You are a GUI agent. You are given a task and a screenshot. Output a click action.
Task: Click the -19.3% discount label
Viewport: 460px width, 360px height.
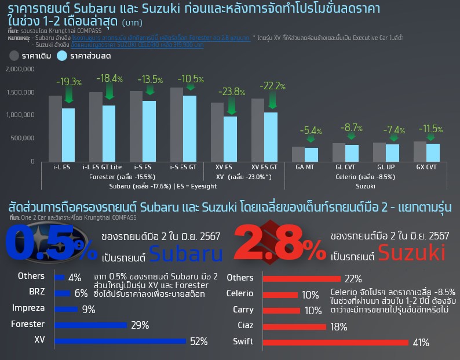[x=68, y=82]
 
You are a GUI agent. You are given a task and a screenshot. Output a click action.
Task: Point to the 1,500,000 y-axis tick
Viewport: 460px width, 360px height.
[x=20, y=92]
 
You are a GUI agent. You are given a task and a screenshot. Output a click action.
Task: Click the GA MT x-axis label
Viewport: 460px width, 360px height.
[x=305, y=167]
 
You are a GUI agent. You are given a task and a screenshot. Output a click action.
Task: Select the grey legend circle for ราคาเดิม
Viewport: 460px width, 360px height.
[x=15, y=56]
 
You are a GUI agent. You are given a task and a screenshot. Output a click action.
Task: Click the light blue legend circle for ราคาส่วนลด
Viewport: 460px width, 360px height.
[x=63, y=56]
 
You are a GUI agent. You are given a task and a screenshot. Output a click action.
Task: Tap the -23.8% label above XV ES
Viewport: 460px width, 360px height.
[x=231, y=92]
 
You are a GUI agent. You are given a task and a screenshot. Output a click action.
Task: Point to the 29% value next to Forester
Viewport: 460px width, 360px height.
[x=140, y=325]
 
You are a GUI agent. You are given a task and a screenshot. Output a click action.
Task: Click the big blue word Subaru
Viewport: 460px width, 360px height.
[x=185, y=253]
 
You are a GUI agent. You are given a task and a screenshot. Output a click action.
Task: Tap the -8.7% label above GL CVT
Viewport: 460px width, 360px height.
[x=352, y=128]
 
